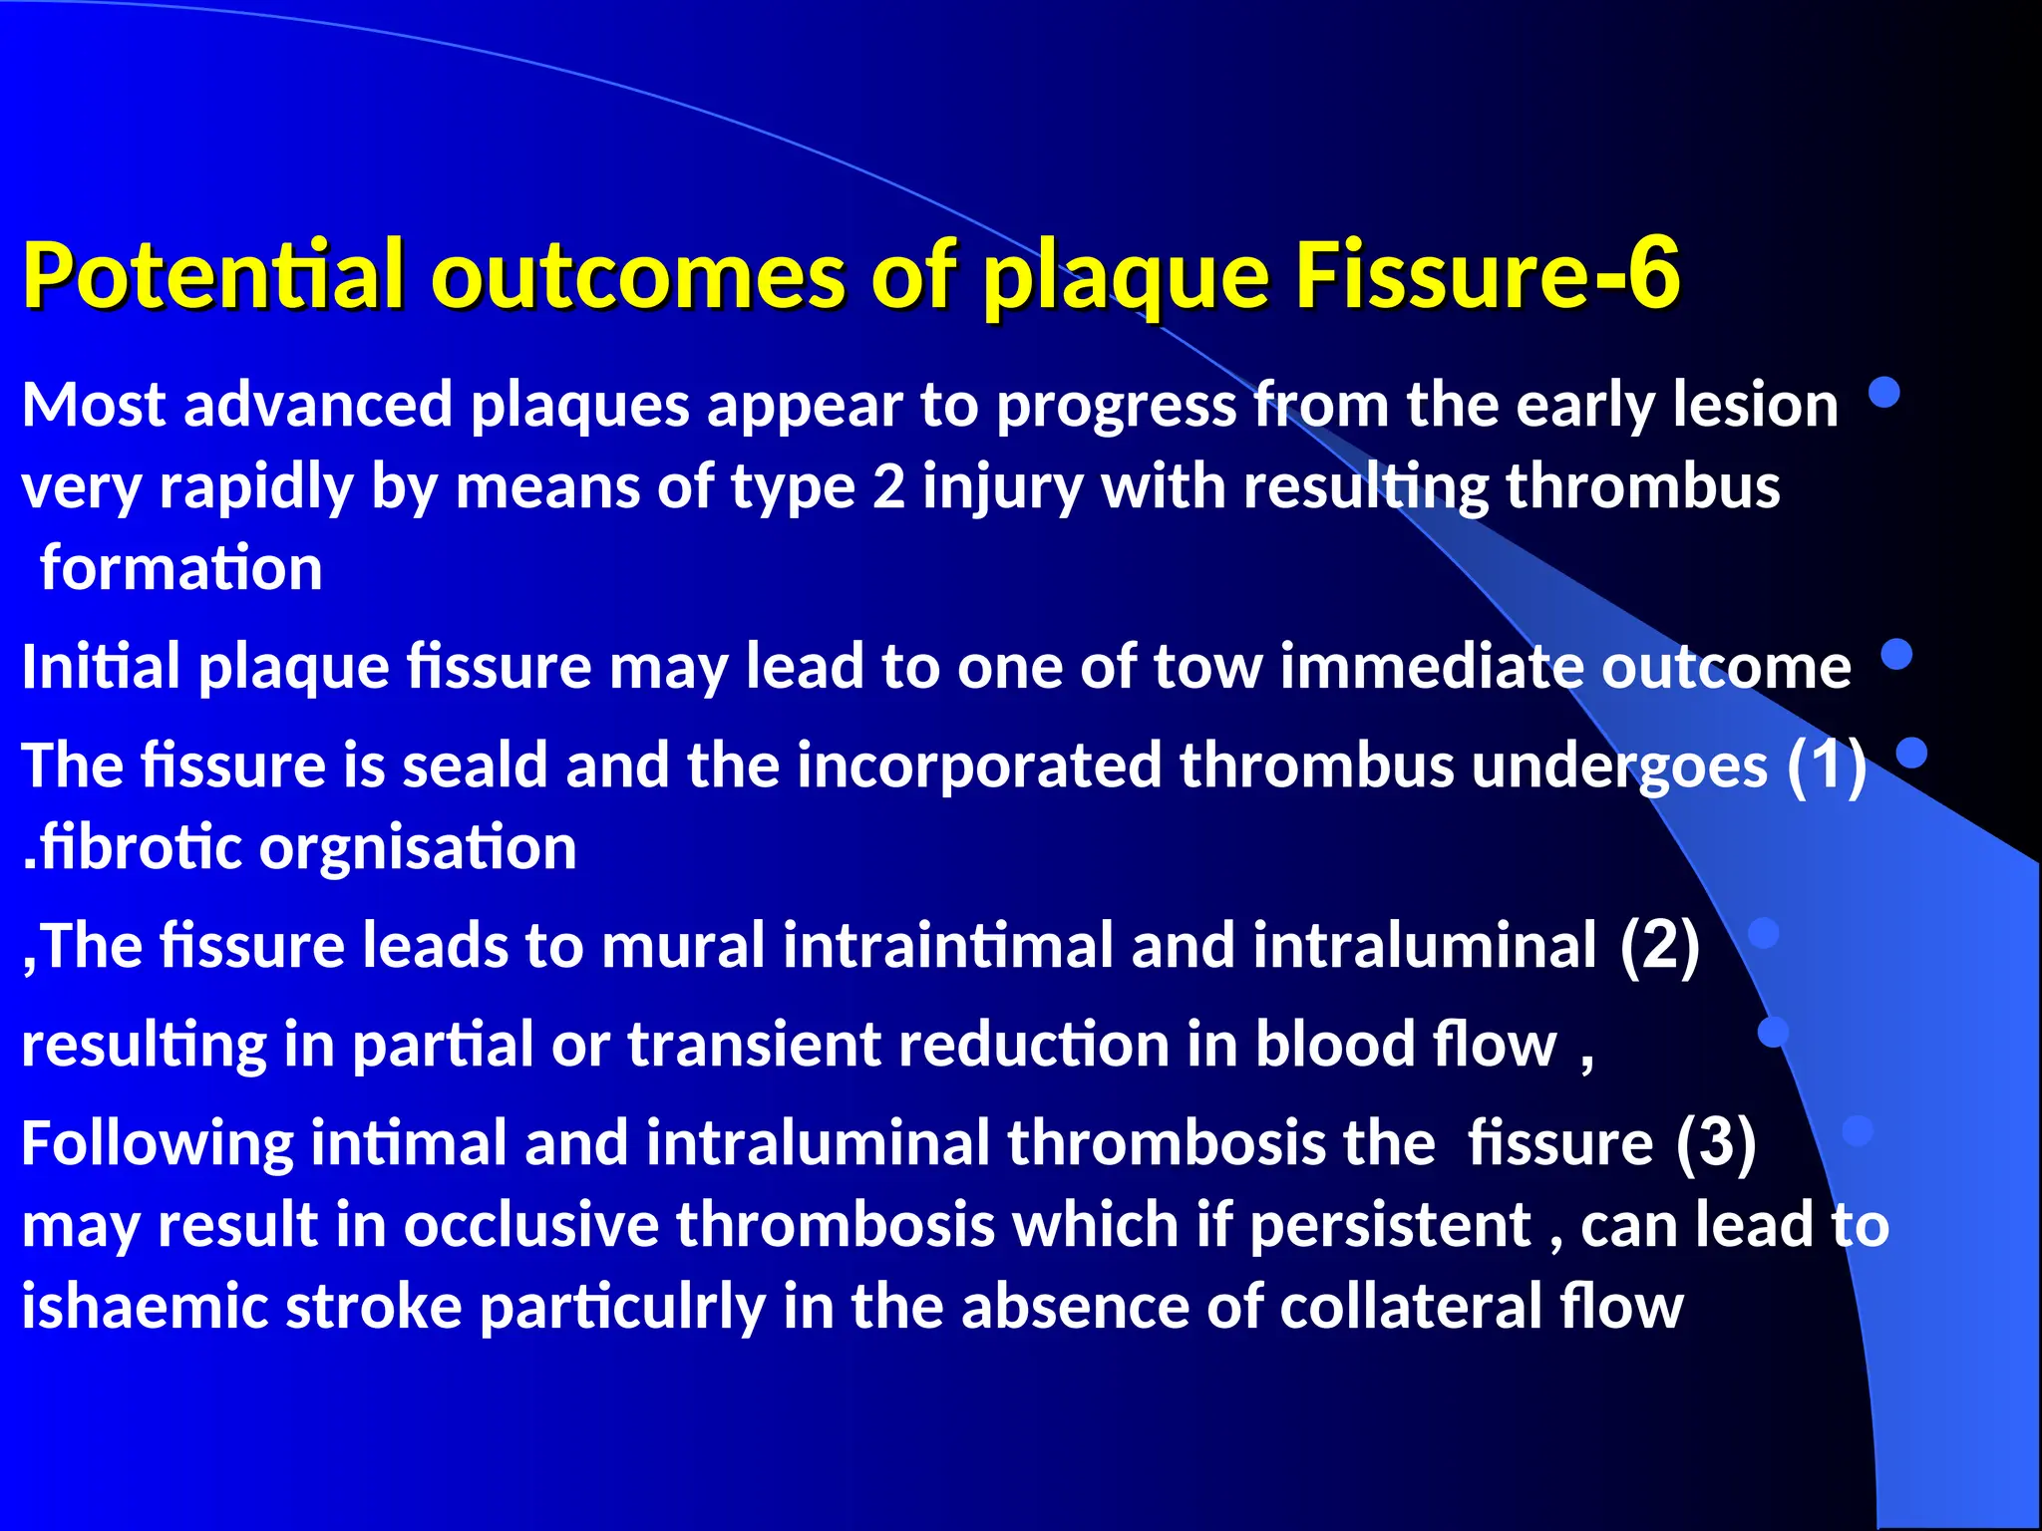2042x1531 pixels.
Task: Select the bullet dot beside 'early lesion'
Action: [x=1883, y=393]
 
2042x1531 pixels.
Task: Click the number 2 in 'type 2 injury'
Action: [x=888, y=487]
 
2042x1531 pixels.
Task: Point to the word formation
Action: [x=181, y=568]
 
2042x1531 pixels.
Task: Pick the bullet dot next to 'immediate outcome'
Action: [x=1896, y=654]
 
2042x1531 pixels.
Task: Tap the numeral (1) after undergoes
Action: [x=1826, y=765]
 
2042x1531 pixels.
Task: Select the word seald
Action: [x=475, y=765]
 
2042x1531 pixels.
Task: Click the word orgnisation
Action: [x=418, y=847]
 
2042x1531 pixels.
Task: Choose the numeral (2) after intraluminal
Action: [x=1659, y=945]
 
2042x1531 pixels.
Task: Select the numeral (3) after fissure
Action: [x=1715, y=1142]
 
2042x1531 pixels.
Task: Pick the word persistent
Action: [x=1390, y=1224]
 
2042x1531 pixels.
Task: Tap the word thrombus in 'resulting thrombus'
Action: [x=1642, y=487]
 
